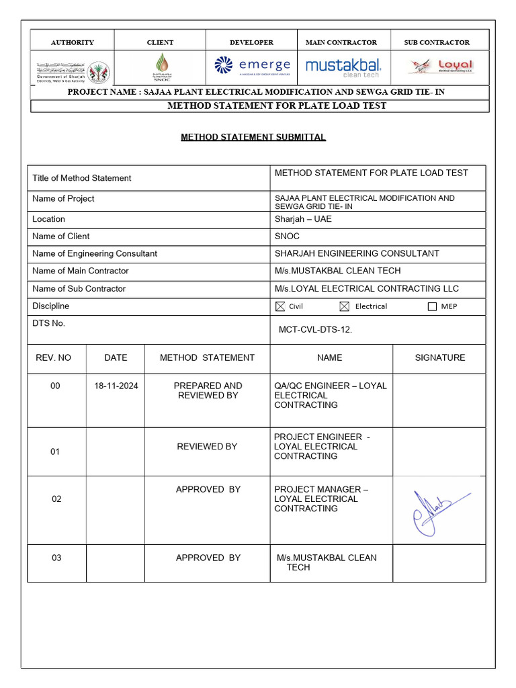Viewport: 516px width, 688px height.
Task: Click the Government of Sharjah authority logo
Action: (73, 69)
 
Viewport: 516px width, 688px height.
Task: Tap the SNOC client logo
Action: (160, 67)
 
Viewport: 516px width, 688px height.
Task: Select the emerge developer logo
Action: (251, 65)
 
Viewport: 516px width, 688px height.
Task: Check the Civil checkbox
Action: (280, 306)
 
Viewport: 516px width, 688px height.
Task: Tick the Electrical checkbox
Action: (345, 306)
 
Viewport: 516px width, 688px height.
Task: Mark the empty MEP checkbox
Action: (432, 306)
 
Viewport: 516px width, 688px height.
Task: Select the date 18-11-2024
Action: (116, 386)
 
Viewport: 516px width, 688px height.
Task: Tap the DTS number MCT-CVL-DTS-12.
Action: (315, 330)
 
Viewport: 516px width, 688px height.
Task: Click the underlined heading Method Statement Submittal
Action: (253, 137)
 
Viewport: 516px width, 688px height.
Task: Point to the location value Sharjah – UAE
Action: (303, 219)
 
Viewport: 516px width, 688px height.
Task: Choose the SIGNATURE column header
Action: (439, 357)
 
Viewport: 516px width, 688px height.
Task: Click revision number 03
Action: (56, 558)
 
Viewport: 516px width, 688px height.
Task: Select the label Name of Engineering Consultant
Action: (95, 253)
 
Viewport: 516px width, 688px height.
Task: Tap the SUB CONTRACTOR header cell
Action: (437, 42)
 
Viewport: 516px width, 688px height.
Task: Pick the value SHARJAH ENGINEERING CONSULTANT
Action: (357, 253)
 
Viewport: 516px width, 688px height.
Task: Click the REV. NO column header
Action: (53, 357)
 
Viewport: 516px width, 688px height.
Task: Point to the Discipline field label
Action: (50, 306)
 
